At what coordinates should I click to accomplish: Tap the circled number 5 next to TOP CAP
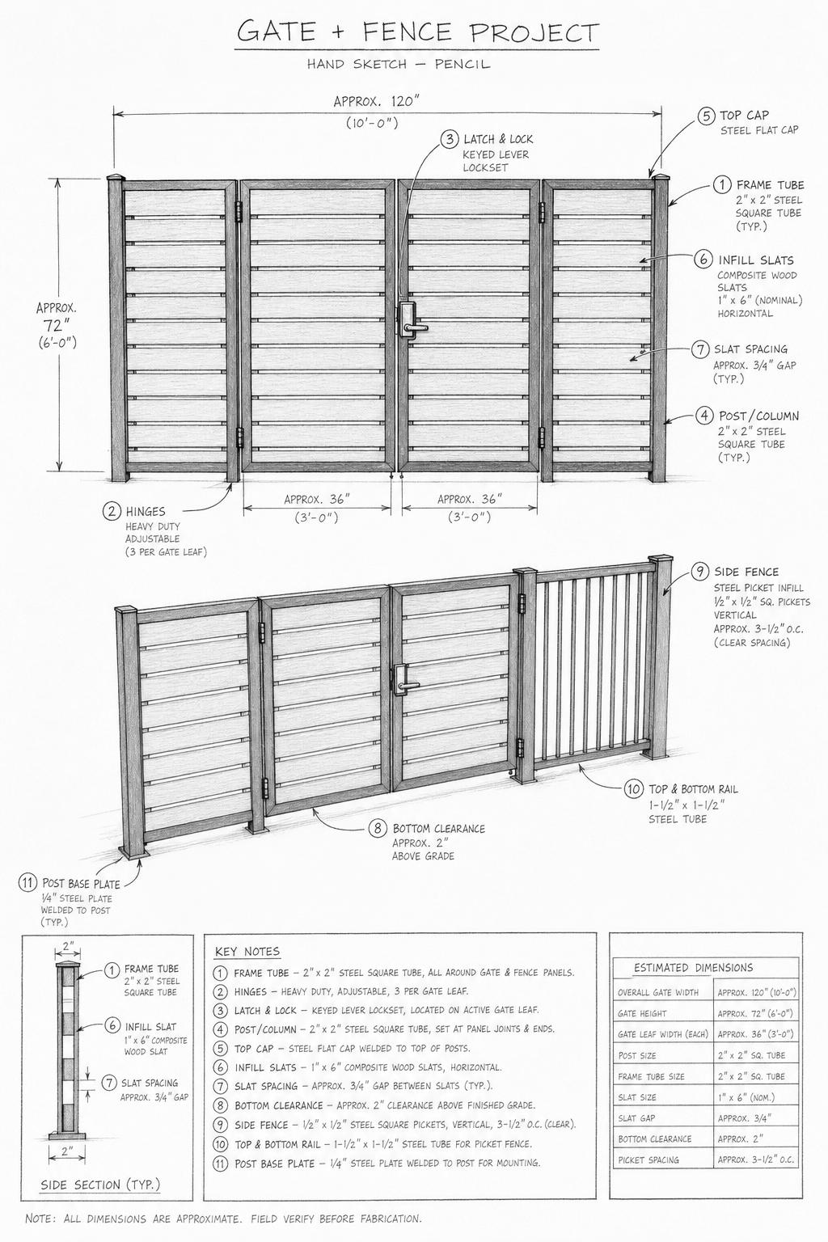[706, 116]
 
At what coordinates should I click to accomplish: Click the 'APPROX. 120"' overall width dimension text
[377, 101]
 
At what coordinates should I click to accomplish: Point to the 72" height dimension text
[57, 325]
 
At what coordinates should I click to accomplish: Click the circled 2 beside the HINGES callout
[112, 511]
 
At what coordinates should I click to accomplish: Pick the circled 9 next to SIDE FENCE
[701, 572]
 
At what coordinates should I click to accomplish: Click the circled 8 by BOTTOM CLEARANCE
[378, 828]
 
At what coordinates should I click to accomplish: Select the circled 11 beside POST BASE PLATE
[27, 883]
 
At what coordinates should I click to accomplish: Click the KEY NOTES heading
[247, 952]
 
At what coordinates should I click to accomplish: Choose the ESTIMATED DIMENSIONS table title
[693, 968]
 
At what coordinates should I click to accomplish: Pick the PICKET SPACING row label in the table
[648, 1160]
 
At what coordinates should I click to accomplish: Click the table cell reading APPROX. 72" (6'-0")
[755, 1014]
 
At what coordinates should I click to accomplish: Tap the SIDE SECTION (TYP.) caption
[100, 1185]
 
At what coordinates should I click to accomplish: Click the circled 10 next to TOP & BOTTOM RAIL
[633, 789]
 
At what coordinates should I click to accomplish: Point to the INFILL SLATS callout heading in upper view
[756, 260]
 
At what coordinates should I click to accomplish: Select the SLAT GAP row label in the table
[636, 1118]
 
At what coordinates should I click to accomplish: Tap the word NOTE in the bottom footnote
[39, 1219]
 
